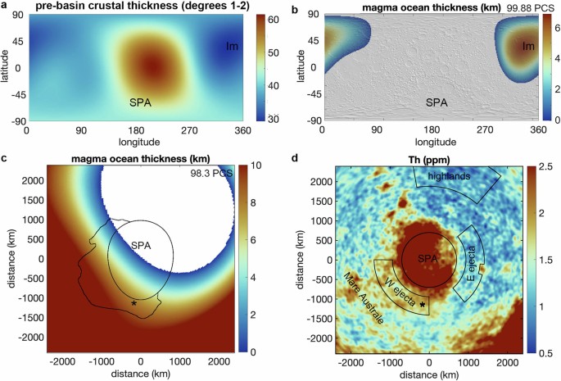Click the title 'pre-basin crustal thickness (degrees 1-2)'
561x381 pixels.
[138, 8]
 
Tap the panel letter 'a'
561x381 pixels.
[4, 7]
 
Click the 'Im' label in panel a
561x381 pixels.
[233, 46]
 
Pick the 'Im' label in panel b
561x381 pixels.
[528, 46]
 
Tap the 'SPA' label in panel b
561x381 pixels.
[437, 103]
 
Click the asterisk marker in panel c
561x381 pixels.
[133, 304]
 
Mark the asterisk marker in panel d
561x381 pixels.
[423, 305]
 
